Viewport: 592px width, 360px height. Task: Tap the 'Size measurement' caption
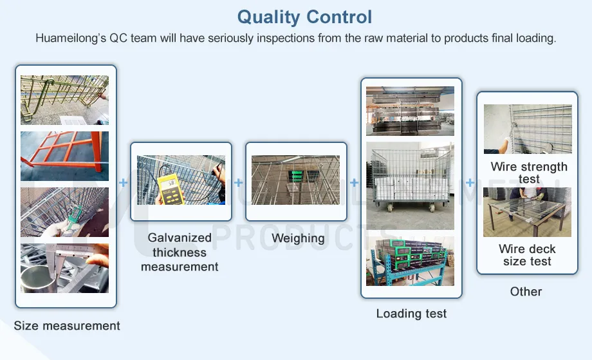[x=67, y=326]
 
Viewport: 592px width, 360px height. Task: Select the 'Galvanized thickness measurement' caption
[x=180, y=252]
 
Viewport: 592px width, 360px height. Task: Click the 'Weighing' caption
[x=298, y=238]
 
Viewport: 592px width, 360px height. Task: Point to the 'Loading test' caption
[x=411, y=314]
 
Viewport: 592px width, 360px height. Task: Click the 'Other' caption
[x=526, y=292]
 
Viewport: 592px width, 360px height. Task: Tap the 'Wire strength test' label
[x=529, y=173]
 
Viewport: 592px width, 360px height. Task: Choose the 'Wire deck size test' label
[x=527, y=255]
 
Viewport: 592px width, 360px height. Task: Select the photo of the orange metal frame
[x=64, y=156]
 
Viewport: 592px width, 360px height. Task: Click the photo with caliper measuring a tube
[x=64, y=268]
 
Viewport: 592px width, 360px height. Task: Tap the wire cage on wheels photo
[x=410, y=185]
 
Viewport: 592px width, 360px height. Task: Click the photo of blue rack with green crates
[x=410, y=261]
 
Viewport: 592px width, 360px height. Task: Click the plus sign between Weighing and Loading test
[x=354, y=183]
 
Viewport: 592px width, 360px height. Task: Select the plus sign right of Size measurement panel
[x=124, y=183]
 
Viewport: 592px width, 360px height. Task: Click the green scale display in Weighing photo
[x=297, y=175]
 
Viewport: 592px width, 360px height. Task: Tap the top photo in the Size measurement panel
[x=64, y=100]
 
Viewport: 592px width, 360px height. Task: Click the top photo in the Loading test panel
[x=410, y=111]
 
